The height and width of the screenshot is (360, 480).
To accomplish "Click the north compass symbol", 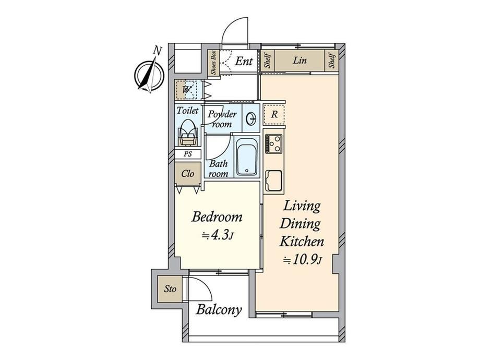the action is (x=150, y=73).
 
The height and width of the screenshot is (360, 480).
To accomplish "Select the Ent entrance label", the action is (x=244, y=61).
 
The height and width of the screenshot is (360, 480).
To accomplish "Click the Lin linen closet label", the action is (x=299, y=60).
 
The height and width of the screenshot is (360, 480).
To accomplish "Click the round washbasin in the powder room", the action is (x=251, y=118).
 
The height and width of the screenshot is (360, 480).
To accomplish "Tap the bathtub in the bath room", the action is (x=247, y=157).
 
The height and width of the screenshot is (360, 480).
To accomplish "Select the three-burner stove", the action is (x=274, y=143).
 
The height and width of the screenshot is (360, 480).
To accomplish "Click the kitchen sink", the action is (x=274, y=181).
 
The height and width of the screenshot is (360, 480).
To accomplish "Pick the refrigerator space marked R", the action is (x=274, y=114).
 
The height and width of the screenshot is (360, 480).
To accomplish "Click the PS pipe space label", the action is (x=188, y=154).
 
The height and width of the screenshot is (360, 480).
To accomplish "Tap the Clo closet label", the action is (x=188, y=174).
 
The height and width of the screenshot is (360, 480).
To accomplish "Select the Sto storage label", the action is (x=170, y=289).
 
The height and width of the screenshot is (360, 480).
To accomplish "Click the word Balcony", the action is (x=219, y=310).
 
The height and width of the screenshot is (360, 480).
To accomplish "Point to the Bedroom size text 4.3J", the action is (x=218, y=235).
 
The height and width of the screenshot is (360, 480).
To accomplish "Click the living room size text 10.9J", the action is (x=303, y=260).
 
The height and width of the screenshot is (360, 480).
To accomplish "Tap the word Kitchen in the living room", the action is (x=302, y=241).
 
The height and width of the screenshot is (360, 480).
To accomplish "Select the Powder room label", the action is (x=222, y=119).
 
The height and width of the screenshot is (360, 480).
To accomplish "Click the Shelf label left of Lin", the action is (x=268, y=61).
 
